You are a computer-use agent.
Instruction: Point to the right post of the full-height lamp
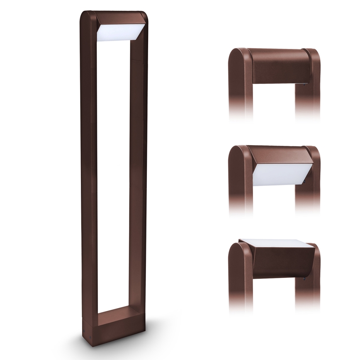point(138,166)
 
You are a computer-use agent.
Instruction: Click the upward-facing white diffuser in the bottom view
point(276,243)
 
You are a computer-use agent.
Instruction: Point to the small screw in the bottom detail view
point(306,278)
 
